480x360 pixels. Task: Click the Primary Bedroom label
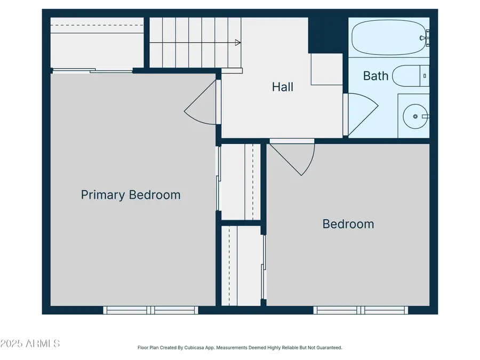(x=131, y=195)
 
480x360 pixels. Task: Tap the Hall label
(x=283, y=87)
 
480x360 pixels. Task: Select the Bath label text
(x=375, y=76)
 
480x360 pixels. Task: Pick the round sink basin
(x=413, y=115)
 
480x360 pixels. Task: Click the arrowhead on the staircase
(x=237, y=43)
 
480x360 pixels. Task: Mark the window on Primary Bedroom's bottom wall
(x=150, y=310)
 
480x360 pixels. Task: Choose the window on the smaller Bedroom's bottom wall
(x=361, y=310)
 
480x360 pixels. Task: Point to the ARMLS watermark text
(x=30, y=343)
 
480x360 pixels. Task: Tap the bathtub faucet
(x=425, y=38)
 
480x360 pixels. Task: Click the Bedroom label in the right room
(x=348, y=224)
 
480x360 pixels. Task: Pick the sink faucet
(x=425, y=115)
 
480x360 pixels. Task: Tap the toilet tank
(x=425, y=76)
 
